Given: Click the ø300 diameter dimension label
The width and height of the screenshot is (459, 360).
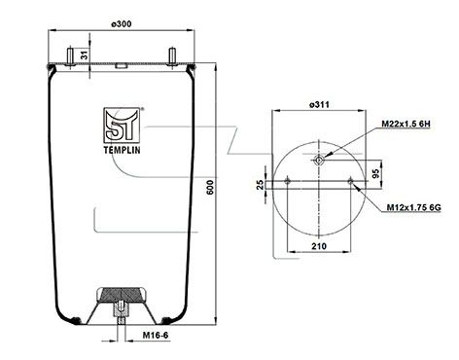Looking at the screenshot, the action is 122,24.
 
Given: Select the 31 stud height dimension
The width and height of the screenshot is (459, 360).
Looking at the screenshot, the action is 85,54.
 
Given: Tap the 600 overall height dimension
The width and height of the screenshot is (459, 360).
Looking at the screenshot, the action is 210,187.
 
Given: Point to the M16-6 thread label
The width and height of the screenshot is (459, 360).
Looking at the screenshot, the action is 156,335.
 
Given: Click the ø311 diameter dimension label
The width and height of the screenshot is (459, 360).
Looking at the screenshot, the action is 319,104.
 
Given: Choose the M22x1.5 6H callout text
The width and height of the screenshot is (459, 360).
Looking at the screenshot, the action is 406,124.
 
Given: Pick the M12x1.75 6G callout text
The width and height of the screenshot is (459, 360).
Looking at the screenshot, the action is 413,207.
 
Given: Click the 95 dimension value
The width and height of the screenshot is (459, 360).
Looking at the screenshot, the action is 375,173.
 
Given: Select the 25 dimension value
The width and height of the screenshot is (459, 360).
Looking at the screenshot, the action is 260,185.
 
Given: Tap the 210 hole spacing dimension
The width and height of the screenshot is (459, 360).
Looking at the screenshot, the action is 319,246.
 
